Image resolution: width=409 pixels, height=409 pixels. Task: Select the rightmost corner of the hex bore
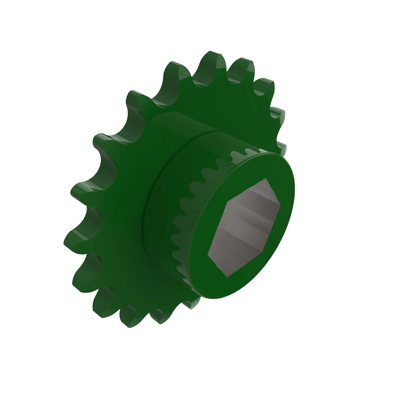pos(281,206)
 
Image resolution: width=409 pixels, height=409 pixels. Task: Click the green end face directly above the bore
pos(249,167)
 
